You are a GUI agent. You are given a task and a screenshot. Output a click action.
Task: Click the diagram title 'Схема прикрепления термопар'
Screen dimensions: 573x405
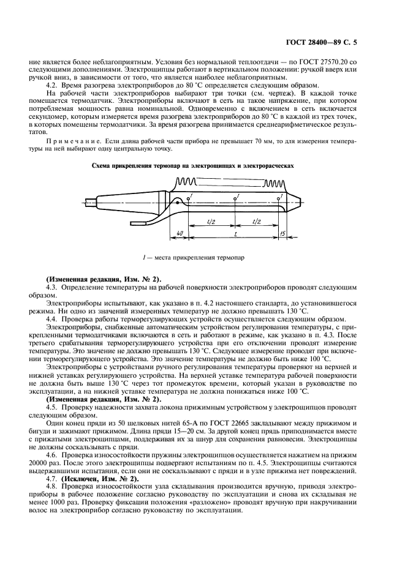[x=202, y=165]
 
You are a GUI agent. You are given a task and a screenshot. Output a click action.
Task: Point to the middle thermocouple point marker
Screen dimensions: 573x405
[x=235, y=199]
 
